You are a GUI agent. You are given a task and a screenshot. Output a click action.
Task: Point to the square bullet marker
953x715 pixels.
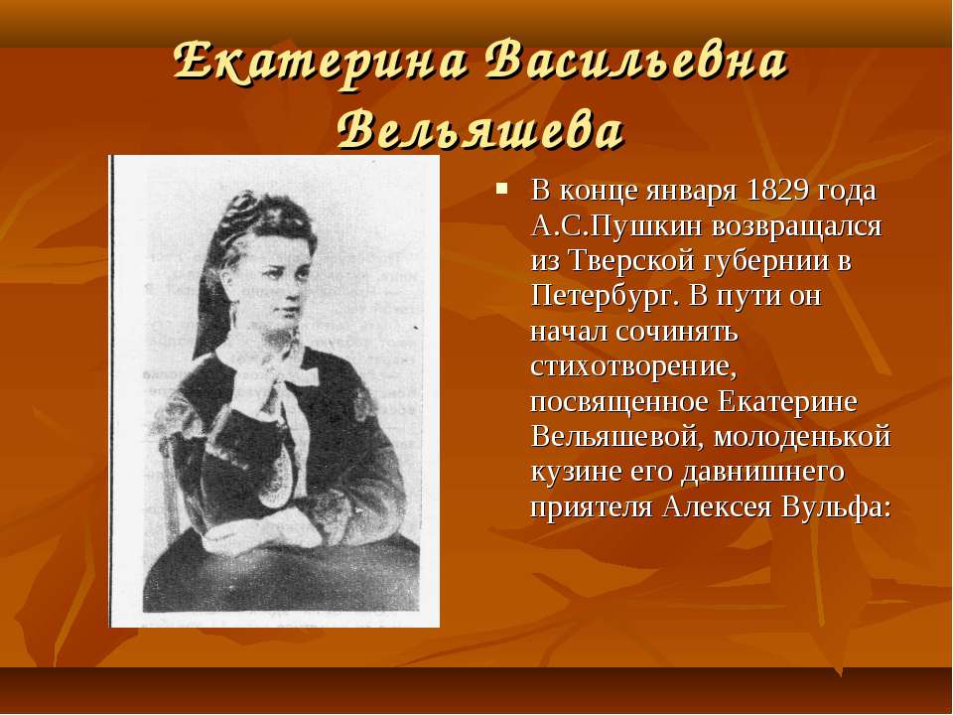click(x=501, y=188)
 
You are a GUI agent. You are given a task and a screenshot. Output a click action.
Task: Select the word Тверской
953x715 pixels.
click(x=631, y=261)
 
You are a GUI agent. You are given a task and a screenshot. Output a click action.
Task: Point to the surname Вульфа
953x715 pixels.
click(x=836, y=507)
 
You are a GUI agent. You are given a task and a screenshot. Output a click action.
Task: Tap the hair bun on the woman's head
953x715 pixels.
click(x=249, y=207)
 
